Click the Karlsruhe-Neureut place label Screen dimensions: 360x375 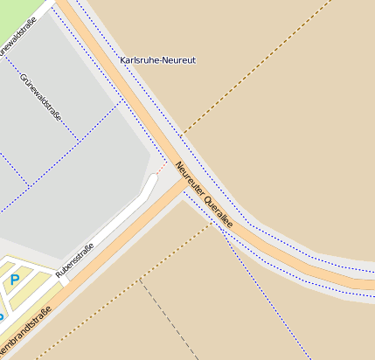157,60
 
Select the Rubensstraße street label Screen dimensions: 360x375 75,261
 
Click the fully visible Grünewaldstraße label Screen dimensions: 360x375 41,96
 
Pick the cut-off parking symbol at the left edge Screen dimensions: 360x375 2,316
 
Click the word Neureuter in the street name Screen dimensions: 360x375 188,177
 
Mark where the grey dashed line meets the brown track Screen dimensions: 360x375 141,279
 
